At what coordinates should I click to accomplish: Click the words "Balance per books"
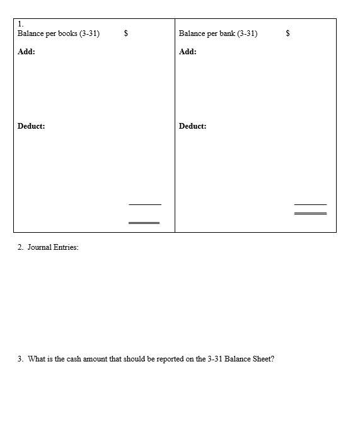click(47, 33)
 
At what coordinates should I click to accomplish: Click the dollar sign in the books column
click(126, 33)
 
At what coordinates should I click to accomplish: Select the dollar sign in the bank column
click(288, 33)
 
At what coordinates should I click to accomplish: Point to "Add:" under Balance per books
click(26, 52)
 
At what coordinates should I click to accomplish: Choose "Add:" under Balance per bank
click(188, 52)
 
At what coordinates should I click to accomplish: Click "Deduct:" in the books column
click(32, 126)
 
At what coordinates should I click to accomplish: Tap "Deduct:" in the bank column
click(193, 126)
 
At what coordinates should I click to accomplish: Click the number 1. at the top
click(21, 24)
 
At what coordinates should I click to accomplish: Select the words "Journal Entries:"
click(53, 247)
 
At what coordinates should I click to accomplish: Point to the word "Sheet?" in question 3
click(262, 359)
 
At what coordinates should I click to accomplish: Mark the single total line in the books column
click(144, 204)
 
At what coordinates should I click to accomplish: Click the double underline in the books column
click(144, 222)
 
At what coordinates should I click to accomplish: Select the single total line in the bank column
click(310, 204)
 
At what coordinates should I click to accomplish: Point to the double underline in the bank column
click(310, 213)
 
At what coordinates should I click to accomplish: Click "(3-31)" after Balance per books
click(90, 33)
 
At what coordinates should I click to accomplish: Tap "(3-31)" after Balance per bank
click(247, 33)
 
